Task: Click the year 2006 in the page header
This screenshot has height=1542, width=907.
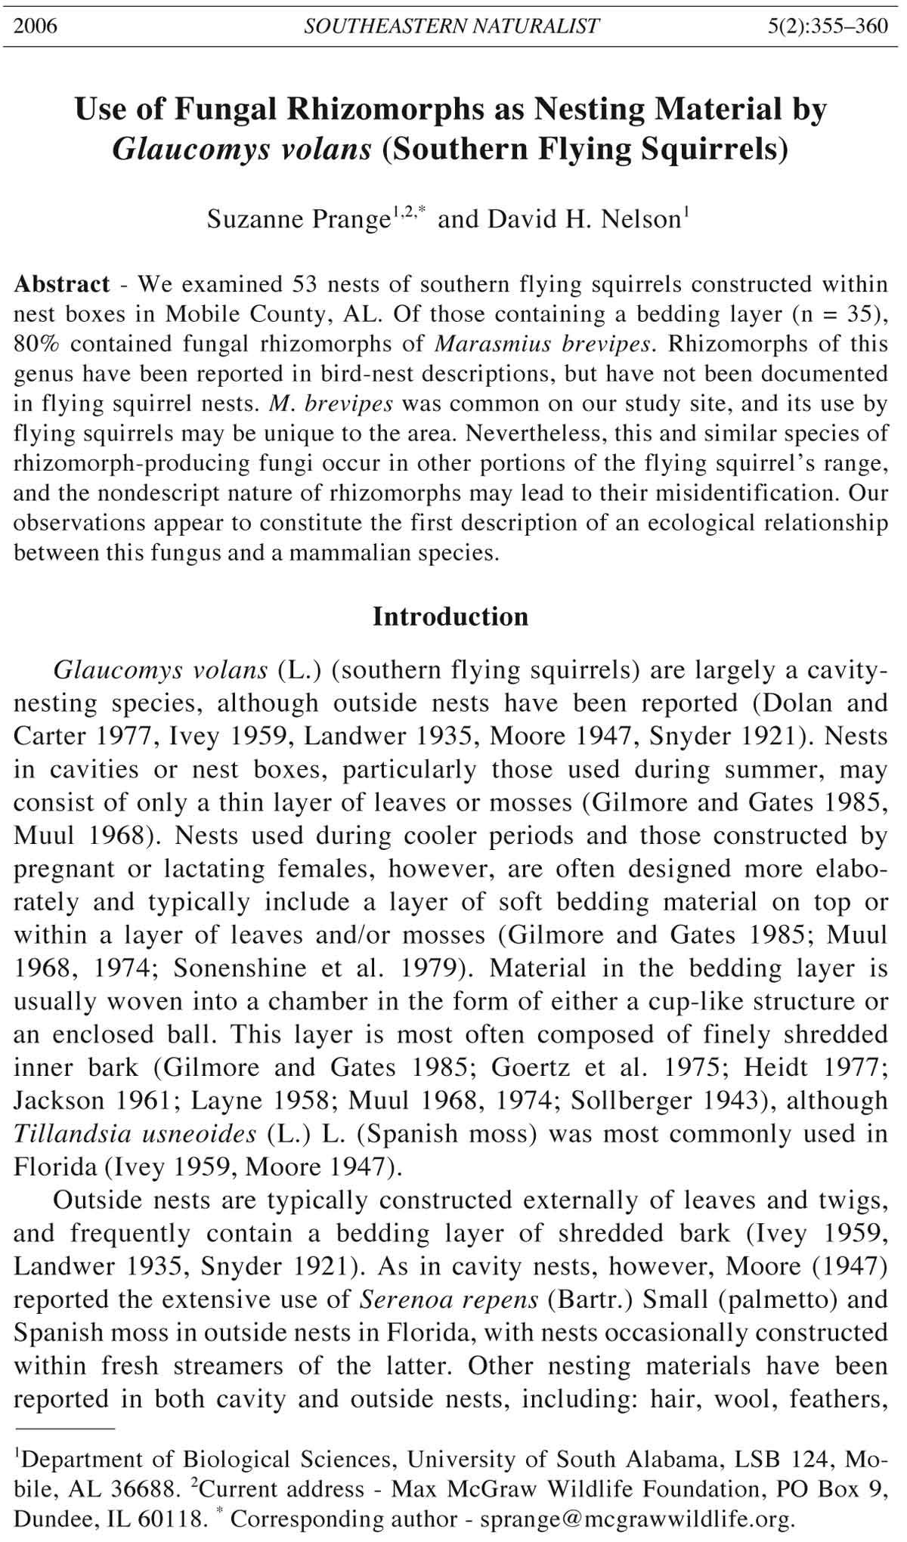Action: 36,26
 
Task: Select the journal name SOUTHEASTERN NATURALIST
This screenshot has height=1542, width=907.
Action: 451,26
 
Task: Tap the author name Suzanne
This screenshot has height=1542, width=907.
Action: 255,219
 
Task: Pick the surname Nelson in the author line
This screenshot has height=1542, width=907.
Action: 642,219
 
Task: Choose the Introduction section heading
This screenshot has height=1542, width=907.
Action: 450,616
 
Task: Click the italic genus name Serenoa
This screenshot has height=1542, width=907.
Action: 403,1299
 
